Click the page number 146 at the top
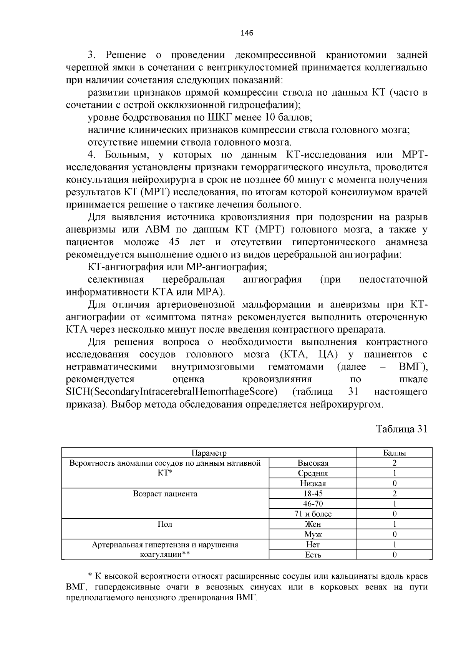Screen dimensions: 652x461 click(x=247, y=33)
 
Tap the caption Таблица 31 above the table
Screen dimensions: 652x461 click(x=401, y=429)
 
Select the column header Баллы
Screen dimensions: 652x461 click(x=395, y=453)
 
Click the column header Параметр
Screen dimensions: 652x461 click(x=209, y=453)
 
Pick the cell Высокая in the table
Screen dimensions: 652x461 click(x=313, y=463)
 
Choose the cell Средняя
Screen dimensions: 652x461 click(x=313, y=473)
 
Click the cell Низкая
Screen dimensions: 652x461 click(x=313, y=483)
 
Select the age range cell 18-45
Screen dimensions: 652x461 click(x=313, y=493)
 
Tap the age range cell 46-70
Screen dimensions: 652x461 click(x=313, y=504)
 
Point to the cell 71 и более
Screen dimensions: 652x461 click(x=313, y=514)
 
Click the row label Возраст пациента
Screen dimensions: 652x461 click(x=165, y=494)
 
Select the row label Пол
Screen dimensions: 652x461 click(x=165, y=524)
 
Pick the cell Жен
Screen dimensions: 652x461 click(x=313, y=524)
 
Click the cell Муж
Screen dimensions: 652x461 click(x=313, y=534)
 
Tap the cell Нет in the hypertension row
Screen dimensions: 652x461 click(x=313, y=544)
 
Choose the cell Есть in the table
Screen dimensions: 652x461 click(x=313, y=554)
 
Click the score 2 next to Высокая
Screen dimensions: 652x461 click(x=395, y=463)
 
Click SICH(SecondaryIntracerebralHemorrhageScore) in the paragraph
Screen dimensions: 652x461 click(x=172, y=392)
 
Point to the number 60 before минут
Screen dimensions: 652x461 click(x=289, y=180)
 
